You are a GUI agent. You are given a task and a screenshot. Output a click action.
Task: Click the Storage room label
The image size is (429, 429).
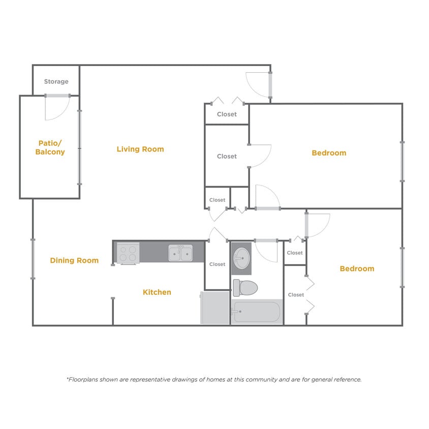[x=56, y=81]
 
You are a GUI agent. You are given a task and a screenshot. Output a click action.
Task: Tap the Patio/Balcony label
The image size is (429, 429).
[x=50, y=147]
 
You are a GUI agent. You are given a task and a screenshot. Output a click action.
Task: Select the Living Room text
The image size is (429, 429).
[x=140, y=149]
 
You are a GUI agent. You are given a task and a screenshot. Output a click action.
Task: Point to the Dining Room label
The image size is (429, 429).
[x=74, y=260]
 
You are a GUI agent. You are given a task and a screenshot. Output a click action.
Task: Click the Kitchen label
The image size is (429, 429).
[x=157, y=292]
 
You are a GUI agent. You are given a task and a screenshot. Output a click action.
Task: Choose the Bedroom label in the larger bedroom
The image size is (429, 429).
[x=329, y=152]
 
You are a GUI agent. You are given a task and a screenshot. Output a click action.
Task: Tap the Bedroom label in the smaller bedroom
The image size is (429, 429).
[x=357, y=268]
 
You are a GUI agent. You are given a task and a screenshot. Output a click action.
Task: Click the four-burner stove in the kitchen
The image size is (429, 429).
[x=128, y=253]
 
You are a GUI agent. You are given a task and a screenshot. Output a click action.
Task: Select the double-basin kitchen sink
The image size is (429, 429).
[x=180, y=252]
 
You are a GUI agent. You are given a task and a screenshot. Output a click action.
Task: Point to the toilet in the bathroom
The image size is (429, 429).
[x=245, y=288]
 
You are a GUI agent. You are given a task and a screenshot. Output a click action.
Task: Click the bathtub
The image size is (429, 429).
[x=256, y=312]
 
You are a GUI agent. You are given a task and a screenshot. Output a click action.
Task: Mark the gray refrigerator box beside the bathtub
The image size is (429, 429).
[x=215, y=308]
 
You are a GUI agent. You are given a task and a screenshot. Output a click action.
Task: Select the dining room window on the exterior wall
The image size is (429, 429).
[x=33, y=259]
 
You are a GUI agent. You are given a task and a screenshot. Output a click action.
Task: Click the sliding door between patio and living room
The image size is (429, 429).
[x=79, y=147]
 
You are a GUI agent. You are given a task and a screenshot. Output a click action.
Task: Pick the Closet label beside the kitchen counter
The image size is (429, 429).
[x=217, y=264]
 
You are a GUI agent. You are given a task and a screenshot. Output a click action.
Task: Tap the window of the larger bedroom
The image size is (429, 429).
[x=402, y=161]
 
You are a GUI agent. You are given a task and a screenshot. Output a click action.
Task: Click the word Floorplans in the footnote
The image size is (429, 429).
[x=84, y=379]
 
